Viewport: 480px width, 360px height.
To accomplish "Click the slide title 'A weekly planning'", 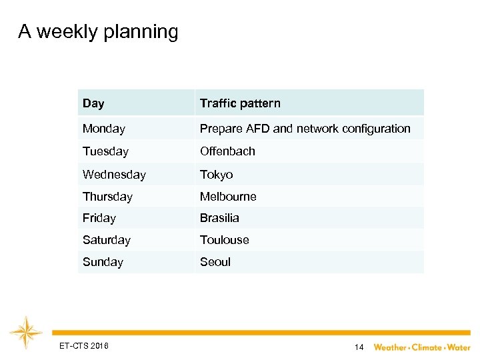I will (98, 32).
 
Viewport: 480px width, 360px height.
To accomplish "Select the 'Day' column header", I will (93, 103).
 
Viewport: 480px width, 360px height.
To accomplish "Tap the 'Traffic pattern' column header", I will (240, 103).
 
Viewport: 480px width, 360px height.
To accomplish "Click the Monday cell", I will (104, 129).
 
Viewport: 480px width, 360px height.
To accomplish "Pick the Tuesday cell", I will (105, 151).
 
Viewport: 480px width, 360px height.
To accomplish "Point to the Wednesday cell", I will (114, 175).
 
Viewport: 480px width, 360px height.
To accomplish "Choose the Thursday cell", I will (107, 197).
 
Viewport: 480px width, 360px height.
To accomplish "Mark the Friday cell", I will (99, 218).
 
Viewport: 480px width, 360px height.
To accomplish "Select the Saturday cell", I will (107, 240).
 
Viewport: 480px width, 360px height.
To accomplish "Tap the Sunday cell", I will (103, 262).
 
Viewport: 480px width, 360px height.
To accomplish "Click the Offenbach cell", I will (227, 151).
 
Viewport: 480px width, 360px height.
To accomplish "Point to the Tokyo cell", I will (217, 175).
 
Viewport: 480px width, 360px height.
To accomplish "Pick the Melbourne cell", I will (228, 197).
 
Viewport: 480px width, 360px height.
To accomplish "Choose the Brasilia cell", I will (219, 218).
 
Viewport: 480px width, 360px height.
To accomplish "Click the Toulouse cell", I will (225, 240).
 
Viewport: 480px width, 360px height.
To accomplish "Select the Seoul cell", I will (215, 262).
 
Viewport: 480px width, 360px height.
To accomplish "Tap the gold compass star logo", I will (26, 333).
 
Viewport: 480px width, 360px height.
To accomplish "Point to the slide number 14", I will (359, 347).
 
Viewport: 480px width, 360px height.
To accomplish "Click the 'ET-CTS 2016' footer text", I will (84, 345).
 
